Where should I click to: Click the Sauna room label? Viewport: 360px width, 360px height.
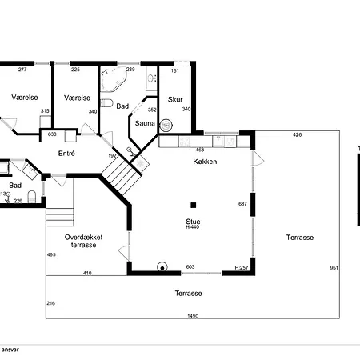coord(145,123)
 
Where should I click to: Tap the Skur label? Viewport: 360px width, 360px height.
coord(175,100)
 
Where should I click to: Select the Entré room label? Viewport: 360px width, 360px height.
coord(66,153)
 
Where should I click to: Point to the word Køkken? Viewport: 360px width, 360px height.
coord(206,162)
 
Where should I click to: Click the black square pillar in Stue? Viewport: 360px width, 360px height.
coord(193,205)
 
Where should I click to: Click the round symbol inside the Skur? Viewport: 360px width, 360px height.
coord(166,125)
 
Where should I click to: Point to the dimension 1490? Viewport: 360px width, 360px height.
coord(193,316)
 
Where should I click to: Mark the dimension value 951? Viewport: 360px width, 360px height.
coord(334,268)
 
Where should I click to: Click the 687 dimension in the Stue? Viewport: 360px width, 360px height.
coord(242,205)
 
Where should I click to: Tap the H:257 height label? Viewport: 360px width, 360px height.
coord(240,267)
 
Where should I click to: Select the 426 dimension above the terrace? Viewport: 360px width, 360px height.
coord(297,134)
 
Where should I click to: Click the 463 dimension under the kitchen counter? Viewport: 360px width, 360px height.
coord(200,150)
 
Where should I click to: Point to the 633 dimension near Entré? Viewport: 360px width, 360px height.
coord(52,134)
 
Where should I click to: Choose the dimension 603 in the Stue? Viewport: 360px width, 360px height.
coord(190,267)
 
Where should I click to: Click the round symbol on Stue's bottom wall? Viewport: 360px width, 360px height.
coord(162,269)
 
